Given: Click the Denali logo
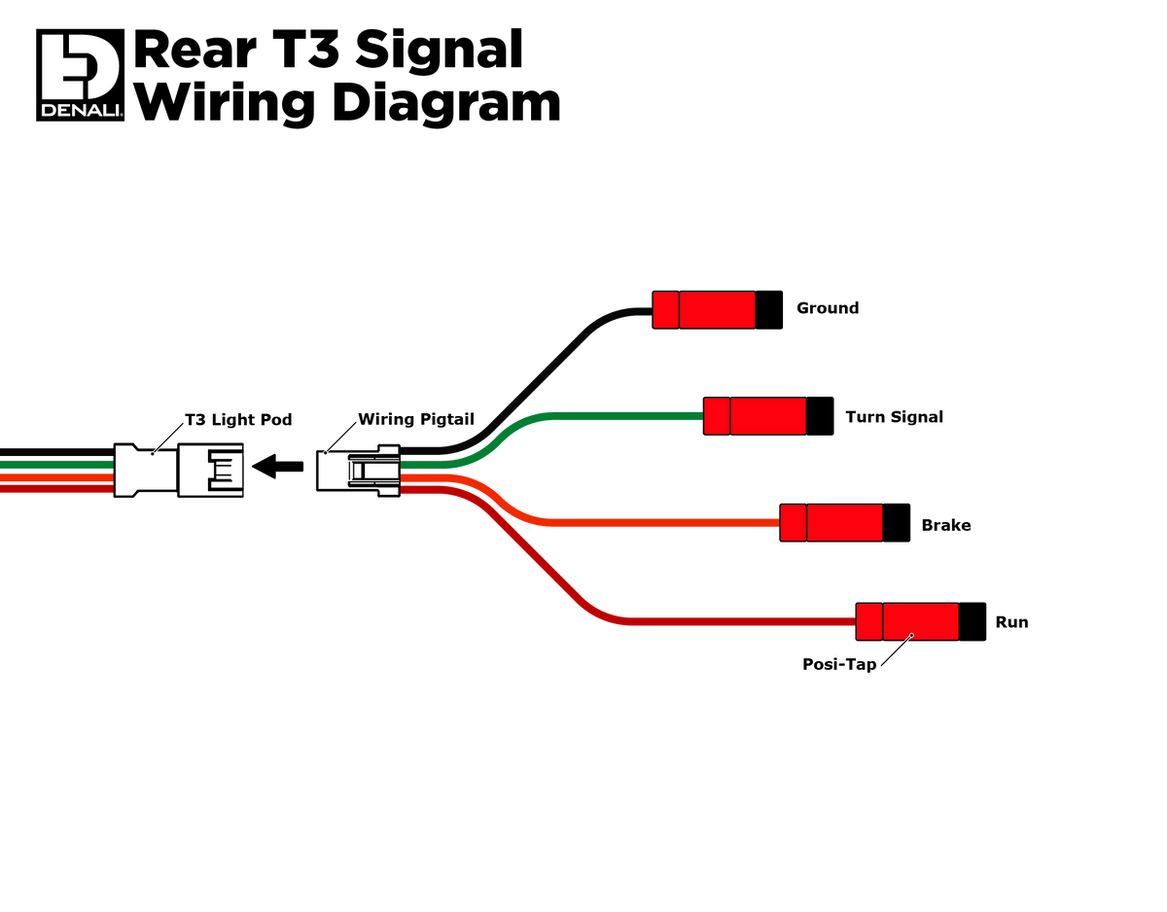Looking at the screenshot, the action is [x=80, y=75].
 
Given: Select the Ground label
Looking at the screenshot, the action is [x=827, y=308].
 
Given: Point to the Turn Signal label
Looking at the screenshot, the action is [x=894, y=416].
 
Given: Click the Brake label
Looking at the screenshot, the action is [x=945, y=524].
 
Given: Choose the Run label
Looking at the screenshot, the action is [x=1011, y=621].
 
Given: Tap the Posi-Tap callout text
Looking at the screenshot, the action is [x=839, y=664].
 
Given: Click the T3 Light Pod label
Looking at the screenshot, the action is [x=238, y=419].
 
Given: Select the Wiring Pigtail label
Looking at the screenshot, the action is [x=416, y=419].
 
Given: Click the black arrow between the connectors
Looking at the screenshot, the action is [x=277, y=466].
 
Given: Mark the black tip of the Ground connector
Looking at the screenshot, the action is [x=768, y=310].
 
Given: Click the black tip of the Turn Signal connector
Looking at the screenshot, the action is [x=820, y=416].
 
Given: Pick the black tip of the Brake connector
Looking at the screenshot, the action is [x=896, y=522].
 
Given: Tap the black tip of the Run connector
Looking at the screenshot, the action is [x=972, y=621].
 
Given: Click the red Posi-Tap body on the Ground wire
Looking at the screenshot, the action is [x=704, y=310].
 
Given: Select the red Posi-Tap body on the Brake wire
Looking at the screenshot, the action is [x=831, y=522].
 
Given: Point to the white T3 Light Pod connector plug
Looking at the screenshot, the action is [x=178, y=470].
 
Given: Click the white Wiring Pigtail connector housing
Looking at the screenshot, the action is [x=358, y=471].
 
